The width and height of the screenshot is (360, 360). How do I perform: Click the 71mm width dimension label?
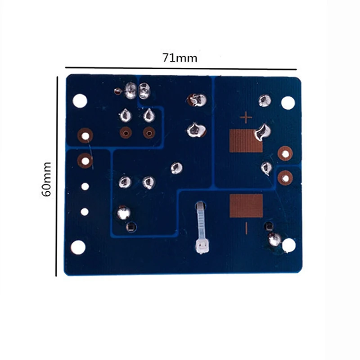180,58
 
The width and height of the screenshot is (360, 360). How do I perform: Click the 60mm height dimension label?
46,179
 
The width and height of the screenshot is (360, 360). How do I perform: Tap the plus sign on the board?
246,117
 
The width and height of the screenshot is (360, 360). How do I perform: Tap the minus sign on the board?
246,228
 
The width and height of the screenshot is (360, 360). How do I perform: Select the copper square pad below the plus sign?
246,141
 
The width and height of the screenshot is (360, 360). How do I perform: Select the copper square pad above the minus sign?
246,206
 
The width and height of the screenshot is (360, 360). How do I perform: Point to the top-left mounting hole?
80,101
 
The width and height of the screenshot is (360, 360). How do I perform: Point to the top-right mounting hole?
288,103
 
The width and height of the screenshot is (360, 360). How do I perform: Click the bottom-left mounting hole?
78,247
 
